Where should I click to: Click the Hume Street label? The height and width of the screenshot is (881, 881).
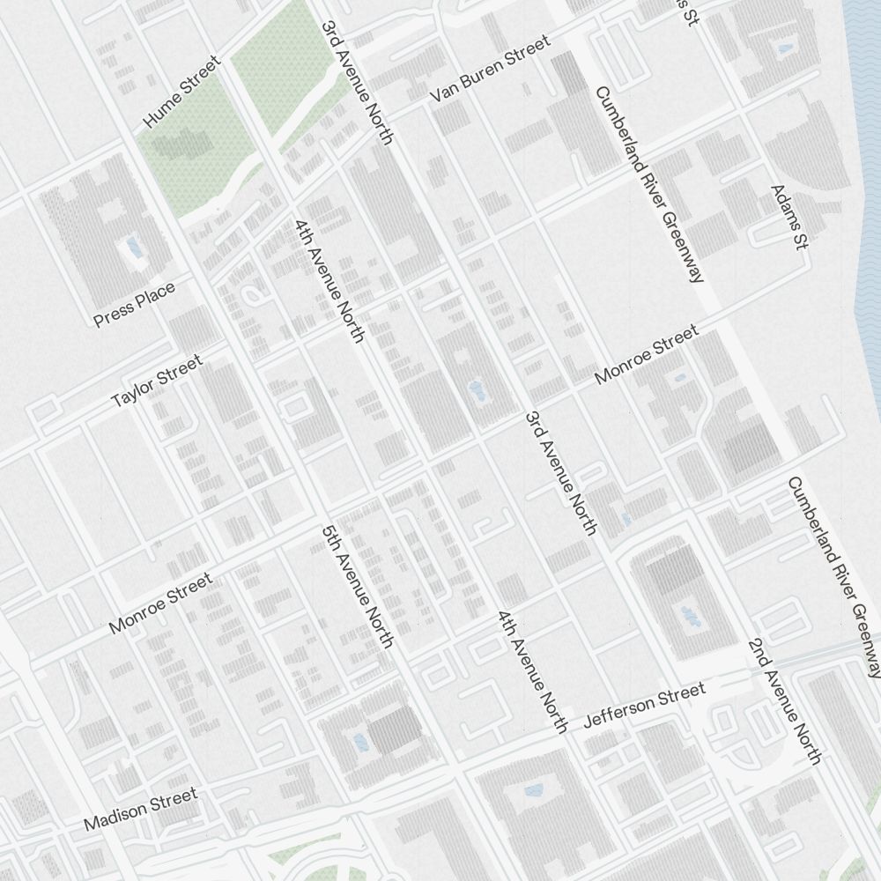(x=181, y=92)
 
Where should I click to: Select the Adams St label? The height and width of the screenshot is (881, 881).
(x=788, y=218)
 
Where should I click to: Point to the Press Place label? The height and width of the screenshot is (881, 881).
(x=135, y=303)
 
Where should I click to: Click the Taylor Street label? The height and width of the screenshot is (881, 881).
(x=157, y=381)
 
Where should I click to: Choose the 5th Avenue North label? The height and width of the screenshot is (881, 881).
(x=357, y=587)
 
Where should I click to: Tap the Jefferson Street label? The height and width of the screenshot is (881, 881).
(x=645, y=706)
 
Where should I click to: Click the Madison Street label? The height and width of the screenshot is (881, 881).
(x=141, y=810)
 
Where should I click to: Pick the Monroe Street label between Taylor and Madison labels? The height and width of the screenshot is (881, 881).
(x=160, y=603)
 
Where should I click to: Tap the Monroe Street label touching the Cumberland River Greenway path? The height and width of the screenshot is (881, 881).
(x=647, y=353)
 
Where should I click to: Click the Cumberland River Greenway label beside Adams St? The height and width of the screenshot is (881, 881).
(x=649, y=184)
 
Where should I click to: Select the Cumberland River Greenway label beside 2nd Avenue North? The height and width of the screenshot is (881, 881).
(x=833, y=577)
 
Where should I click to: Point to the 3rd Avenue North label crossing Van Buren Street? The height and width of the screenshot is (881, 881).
(x=357, y=82)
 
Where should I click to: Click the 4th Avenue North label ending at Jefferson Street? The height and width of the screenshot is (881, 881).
(x=532, y=671)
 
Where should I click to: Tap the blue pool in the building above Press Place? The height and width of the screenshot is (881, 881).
(x=133, y=246)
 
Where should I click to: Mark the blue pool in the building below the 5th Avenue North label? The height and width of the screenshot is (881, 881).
(x=360, y=743)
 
